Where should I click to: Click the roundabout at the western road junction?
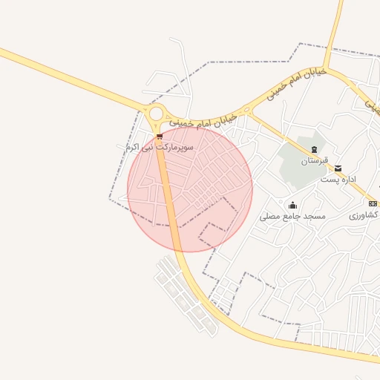[156, 114]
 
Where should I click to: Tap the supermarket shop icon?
[160, 137]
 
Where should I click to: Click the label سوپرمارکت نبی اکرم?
[160, 148]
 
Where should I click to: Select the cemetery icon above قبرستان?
[314, 150]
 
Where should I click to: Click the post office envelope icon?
[338, 169]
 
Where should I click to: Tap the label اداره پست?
[338, 180]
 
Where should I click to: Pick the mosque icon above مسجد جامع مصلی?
[292, 206]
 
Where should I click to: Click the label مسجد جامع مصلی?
[292, 217]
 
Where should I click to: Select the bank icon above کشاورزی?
[373, 203]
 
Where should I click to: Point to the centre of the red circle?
[190, 189]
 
